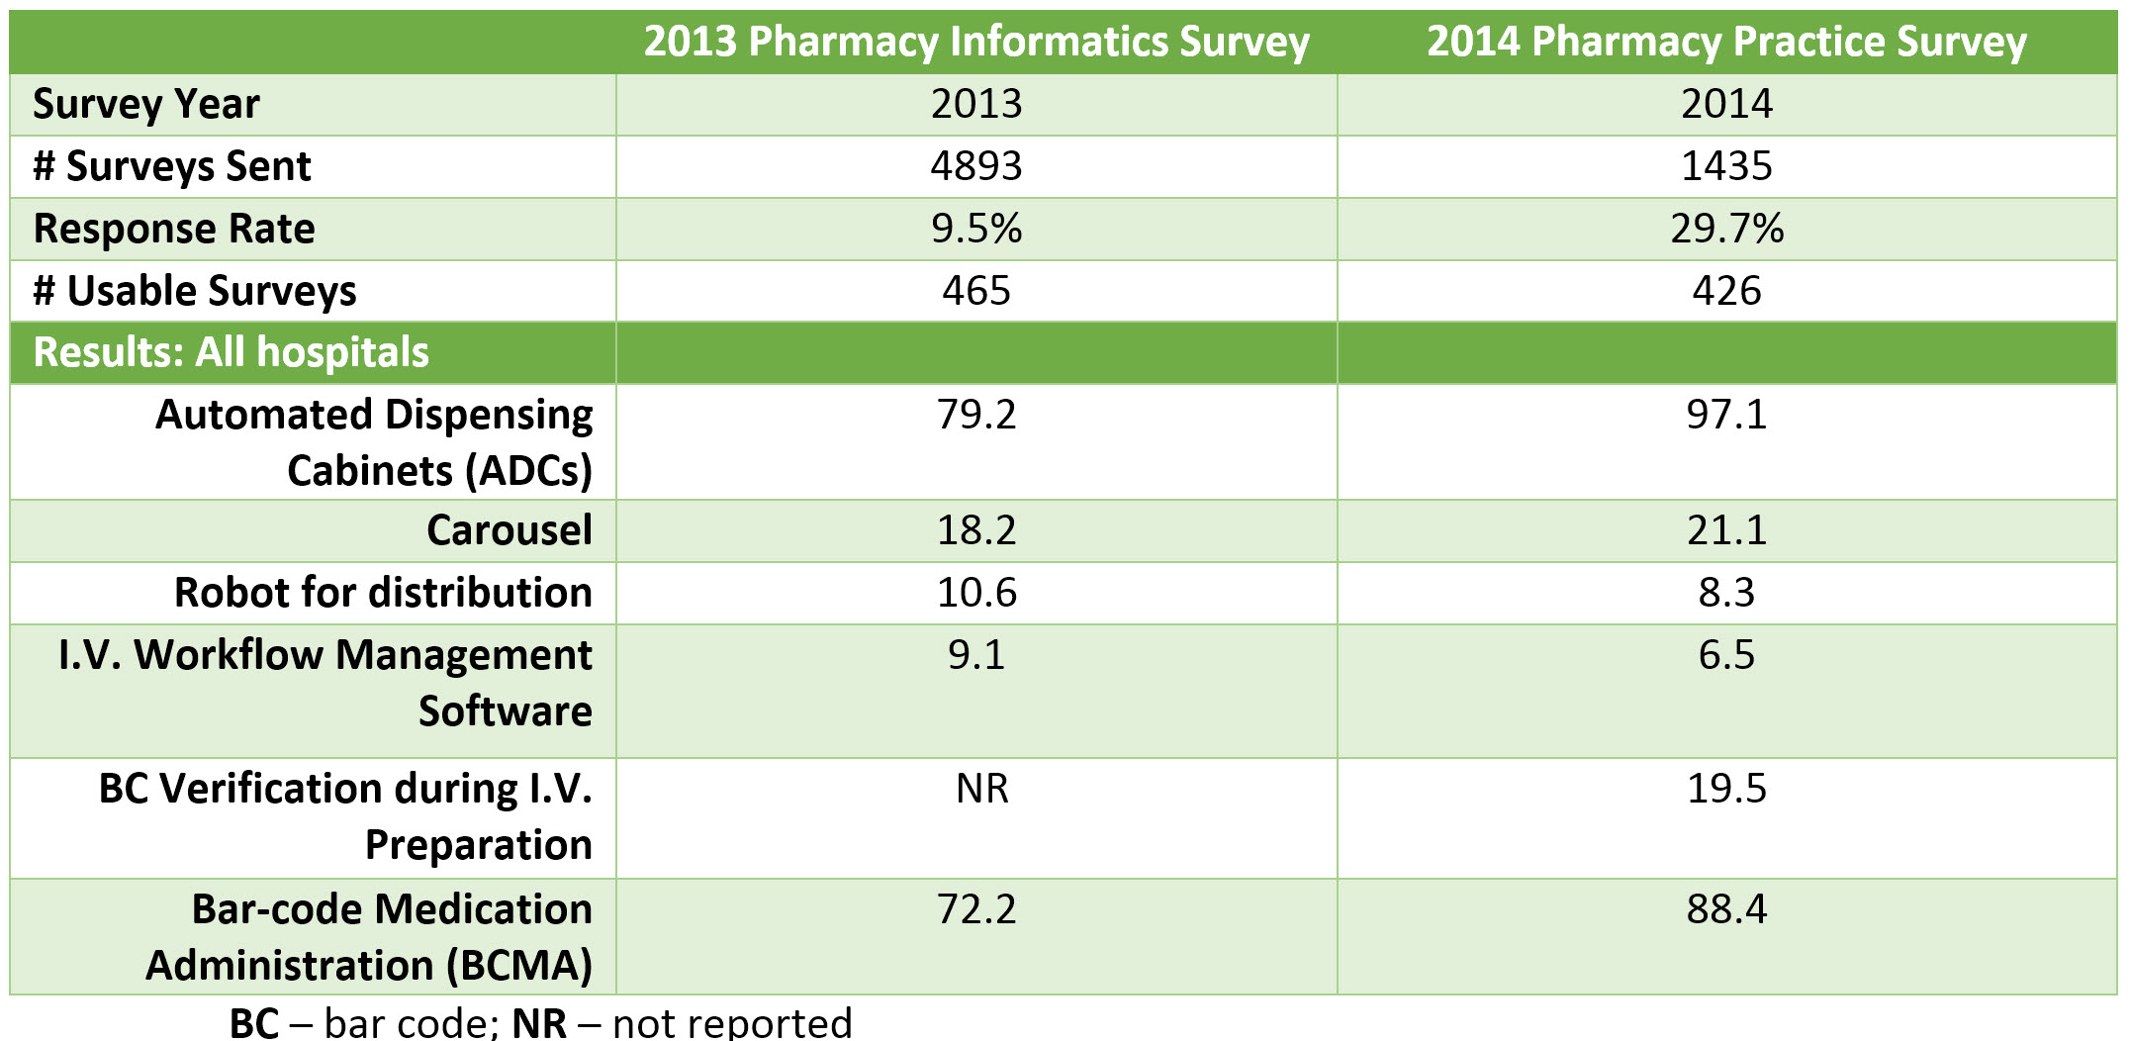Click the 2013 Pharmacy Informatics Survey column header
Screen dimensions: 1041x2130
click(x=976, y=42)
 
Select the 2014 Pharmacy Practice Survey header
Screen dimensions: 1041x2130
click(x=1726, y=42)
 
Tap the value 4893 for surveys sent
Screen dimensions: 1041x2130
click(x=976, y=165)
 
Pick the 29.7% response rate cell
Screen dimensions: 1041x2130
click(x=1726, y=229)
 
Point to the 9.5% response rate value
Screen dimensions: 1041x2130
click(x=976, y=229)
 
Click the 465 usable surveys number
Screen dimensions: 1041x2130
click(x=976, y=291)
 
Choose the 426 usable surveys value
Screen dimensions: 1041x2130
click(x=1726, y=291)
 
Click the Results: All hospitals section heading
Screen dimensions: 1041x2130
click(x=232, y=352)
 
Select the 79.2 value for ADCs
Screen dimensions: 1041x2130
click(x=976, y=414)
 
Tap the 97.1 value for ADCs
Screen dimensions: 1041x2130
click(x=1726, y=414)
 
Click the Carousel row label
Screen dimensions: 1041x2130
click(x=509, y=530)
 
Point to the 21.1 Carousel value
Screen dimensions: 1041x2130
click(x=1726, y=530)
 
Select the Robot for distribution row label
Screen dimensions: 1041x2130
click(x=383, y=593)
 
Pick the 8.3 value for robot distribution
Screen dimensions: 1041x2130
click(x=1726, y=593)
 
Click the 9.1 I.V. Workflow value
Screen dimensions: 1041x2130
click(x=976, y=655)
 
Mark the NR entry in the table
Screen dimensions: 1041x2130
click(x=982, y=789)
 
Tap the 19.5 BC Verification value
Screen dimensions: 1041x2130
click(x=1726, y=789)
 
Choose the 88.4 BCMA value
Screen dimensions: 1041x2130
click(x=1726, y=909)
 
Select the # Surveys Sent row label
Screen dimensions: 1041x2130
click(x=172, y=165)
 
